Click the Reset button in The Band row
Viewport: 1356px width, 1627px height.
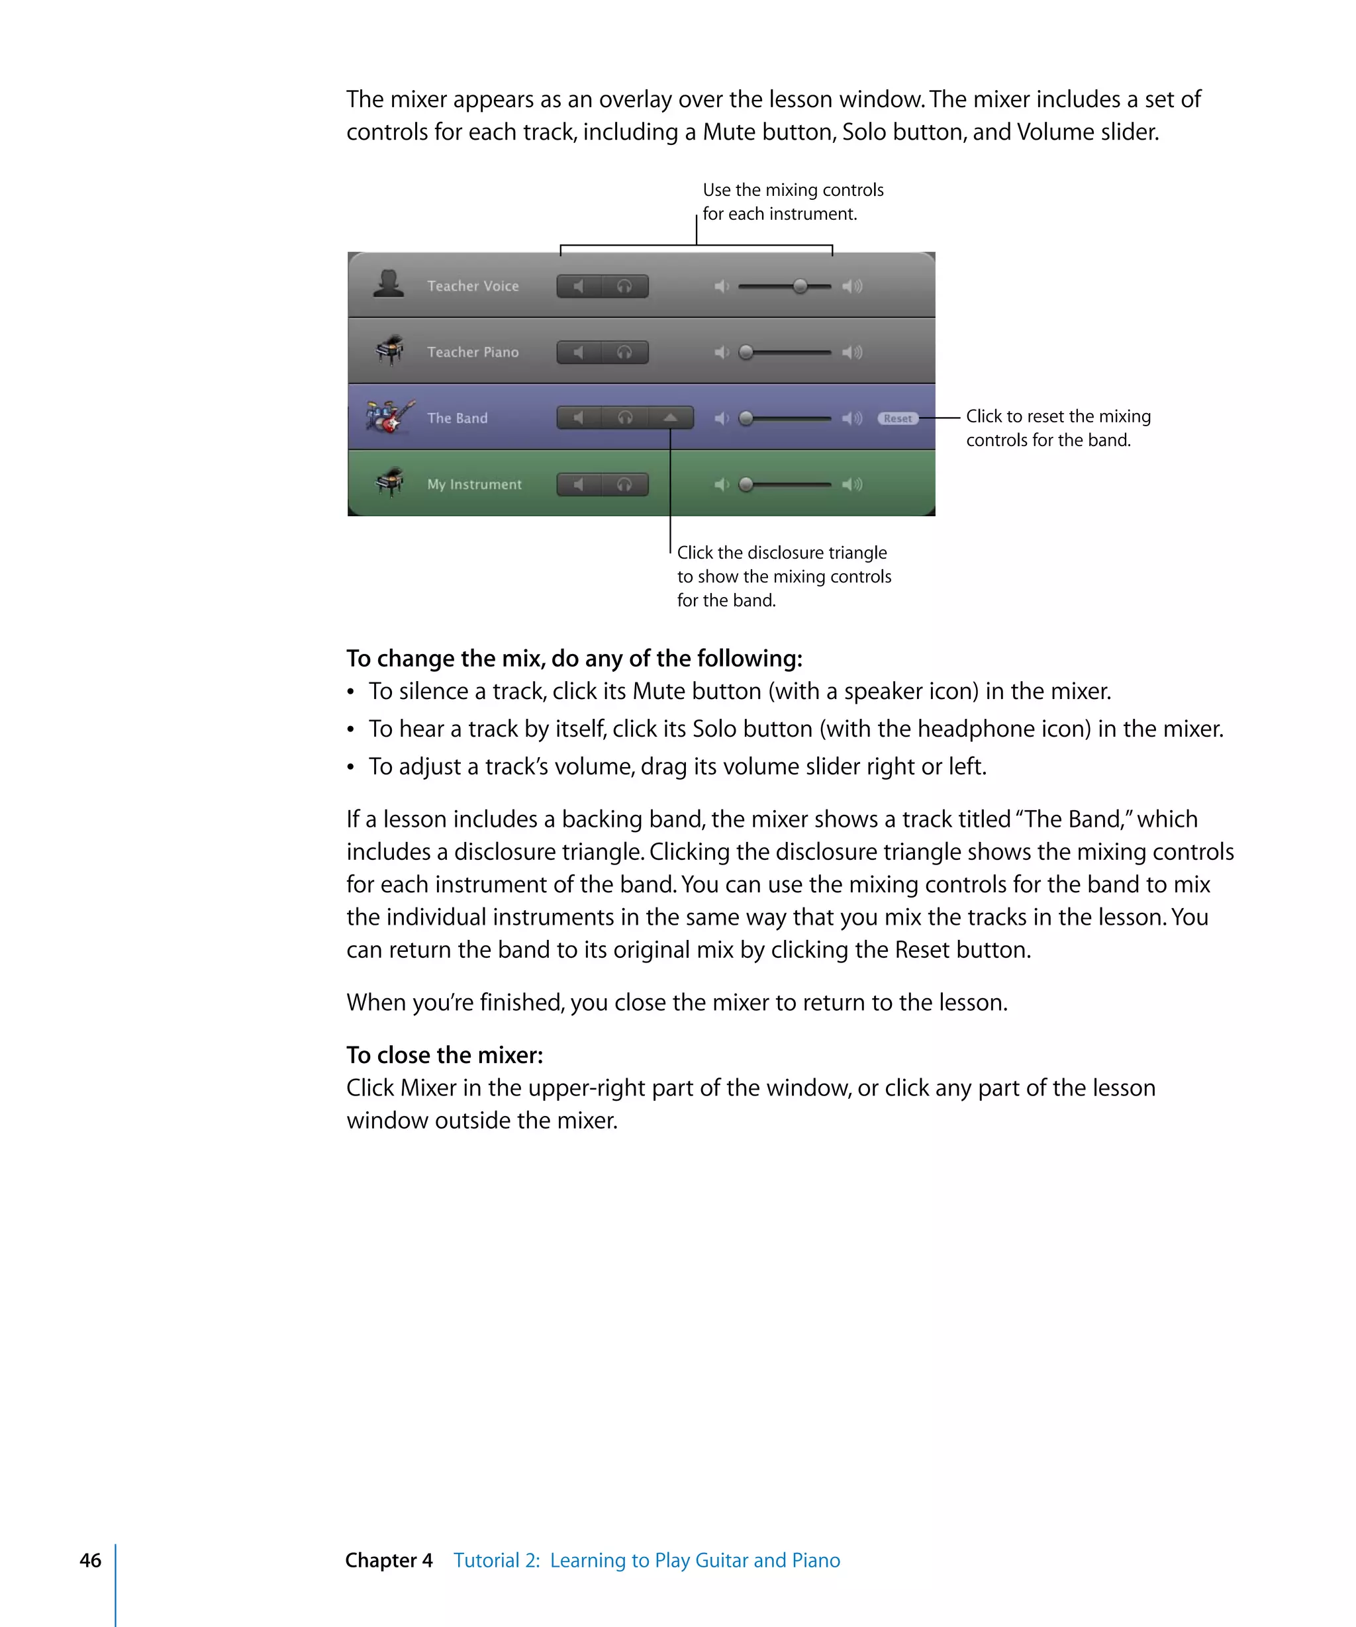click(897, 418)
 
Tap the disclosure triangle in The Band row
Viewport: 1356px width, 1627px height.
click(670, 418)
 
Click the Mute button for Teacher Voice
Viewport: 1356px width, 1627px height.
click(579, 287)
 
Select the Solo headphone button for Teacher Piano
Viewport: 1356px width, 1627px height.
click(624, 353)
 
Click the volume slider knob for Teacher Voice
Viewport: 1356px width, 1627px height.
click(800, 287)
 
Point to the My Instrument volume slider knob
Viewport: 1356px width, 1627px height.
click(746, 485)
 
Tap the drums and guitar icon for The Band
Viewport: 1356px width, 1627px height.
click(390, 417)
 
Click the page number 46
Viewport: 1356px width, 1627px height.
click(91, 1560)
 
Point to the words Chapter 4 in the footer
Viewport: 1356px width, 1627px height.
click(389, 1560)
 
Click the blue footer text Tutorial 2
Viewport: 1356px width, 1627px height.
click(497, 1560)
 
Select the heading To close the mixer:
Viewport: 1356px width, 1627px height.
click(445, 1055)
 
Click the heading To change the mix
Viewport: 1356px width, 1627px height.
click(573, 659)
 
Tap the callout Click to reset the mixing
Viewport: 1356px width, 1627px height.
click(1057, 417)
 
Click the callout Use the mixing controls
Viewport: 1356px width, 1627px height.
click(793, 191)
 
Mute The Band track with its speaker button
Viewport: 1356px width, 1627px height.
click(579, 418)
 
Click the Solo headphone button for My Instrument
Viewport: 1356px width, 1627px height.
click(624, 485)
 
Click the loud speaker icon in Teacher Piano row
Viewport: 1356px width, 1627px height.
click(852, 353)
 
